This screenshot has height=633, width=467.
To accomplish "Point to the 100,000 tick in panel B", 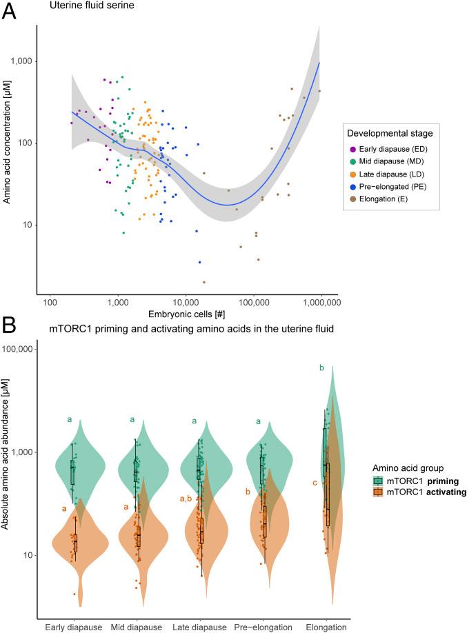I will [22, 349].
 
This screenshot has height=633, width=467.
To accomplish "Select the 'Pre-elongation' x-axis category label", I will [264, 627].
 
